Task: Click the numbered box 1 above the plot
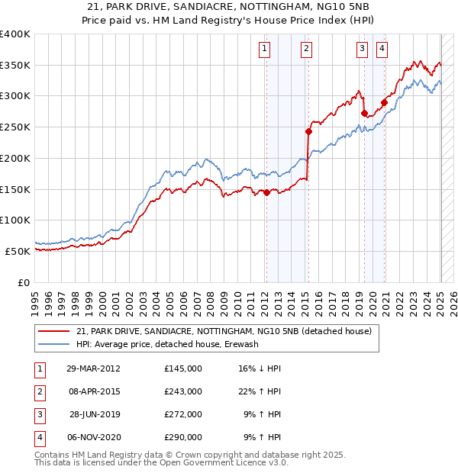264,50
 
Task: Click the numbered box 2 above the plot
306,50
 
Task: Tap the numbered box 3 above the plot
362,50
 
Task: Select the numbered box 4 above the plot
381,50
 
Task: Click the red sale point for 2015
309,131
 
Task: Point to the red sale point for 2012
267,192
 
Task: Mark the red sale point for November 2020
385,102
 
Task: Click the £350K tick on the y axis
15,66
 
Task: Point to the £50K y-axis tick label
18,251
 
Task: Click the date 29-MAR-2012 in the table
93,368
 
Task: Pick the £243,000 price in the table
183,391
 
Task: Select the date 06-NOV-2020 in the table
93,437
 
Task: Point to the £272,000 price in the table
183,414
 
